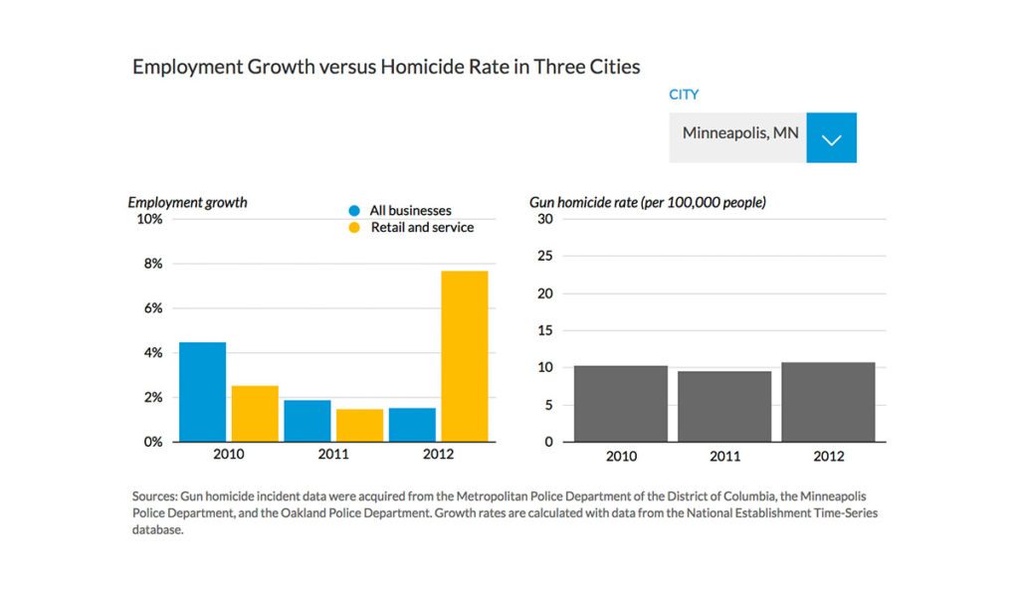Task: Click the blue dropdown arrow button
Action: (831, 137)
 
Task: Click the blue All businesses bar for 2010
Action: (202, 392)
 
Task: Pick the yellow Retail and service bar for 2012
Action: (465, 356)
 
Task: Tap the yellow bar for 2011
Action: (359, 425)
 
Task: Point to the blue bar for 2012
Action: (412, 425)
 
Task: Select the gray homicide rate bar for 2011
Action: (724, 406)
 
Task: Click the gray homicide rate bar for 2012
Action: (828, 402)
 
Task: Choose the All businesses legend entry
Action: (410, 211)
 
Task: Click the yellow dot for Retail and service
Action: (353, 228)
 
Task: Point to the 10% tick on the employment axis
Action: (149, 219)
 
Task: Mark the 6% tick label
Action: (152, 308)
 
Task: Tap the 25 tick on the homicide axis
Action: (543, 256)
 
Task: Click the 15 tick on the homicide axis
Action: (543, 330)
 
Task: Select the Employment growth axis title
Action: (187, 202)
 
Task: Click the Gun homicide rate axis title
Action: (648, 202)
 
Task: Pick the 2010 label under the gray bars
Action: (621, 457)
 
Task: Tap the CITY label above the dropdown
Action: (684, 95)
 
